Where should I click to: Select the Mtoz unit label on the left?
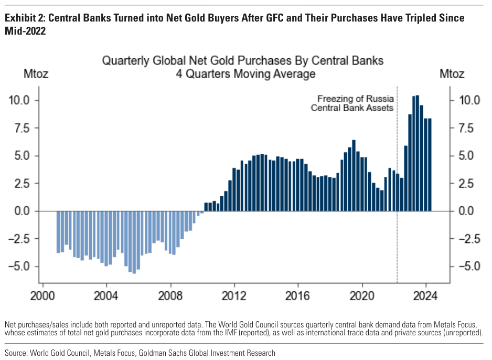click(x=36, y=74)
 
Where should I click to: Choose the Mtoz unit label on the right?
click(x=452, y=74)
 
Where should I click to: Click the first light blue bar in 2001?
click(x=58, y=232)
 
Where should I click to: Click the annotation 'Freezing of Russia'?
click(x=355, y=99)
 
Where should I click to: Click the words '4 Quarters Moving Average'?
click(x=245, y=74)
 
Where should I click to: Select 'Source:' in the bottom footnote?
click(x=17, y=353)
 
